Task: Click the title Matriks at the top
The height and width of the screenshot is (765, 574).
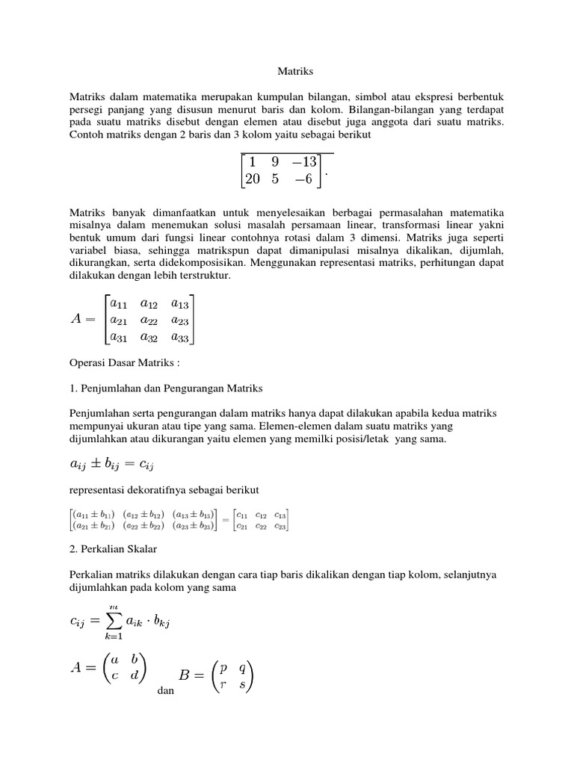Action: [x=286, y=72]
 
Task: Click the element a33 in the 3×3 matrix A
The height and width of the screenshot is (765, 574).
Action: [x=179, y=337]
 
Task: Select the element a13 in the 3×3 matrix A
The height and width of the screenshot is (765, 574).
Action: [x=179, y=303]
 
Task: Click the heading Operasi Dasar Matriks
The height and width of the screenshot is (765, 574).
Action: [x=124, y=362]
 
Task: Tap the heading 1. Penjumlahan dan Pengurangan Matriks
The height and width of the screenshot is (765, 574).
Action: [x=166, y=388]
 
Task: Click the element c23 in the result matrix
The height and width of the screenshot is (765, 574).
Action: [x=280, y=526]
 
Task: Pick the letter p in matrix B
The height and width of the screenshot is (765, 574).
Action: [x=223, y=668]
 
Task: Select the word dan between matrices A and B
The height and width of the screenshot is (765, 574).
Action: [x=166, y=691]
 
